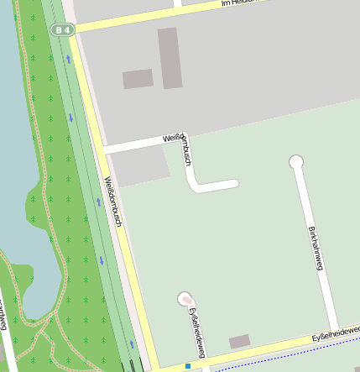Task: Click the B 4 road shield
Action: click(62, 30)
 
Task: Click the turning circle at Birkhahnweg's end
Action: click(295, 161)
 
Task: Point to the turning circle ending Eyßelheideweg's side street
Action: click(185, 299)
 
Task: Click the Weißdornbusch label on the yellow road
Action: click(114, 201)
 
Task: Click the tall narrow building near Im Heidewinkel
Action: click(170, 58)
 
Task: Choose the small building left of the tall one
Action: click(138, 79)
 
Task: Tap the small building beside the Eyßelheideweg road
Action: click(239, 342)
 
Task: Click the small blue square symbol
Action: click(188, 366)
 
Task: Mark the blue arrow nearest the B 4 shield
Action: click(68, 60)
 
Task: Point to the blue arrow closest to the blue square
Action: click(132, 343)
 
